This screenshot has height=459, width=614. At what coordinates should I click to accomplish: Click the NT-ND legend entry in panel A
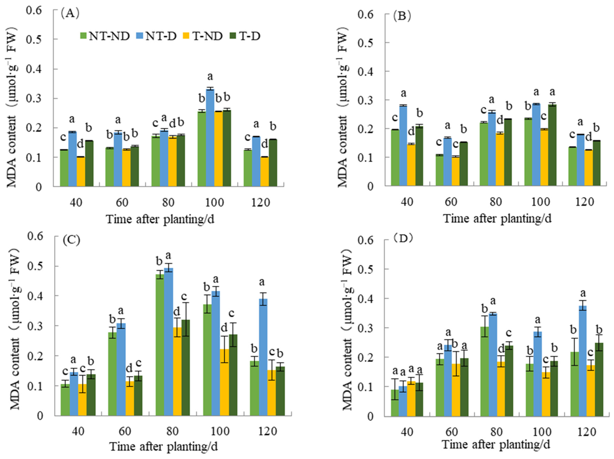[x=105, y=36]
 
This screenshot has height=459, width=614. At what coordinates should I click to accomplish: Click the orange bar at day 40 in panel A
[x=81, y=171]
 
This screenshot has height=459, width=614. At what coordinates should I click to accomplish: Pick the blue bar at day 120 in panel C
[x=263, y=357]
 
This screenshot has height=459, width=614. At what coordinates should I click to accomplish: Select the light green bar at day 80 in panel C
[x=160, y=345]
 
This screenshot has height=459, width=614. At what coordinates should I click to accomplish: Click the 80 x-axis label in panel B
[x=496, y=202]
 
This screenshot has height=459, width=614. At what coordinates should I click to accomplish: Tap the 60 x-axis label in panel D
[x=451, y=432]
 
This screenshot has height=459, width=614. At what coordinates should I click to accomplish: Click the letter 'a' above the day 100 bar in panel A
[x=210, y=76]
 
